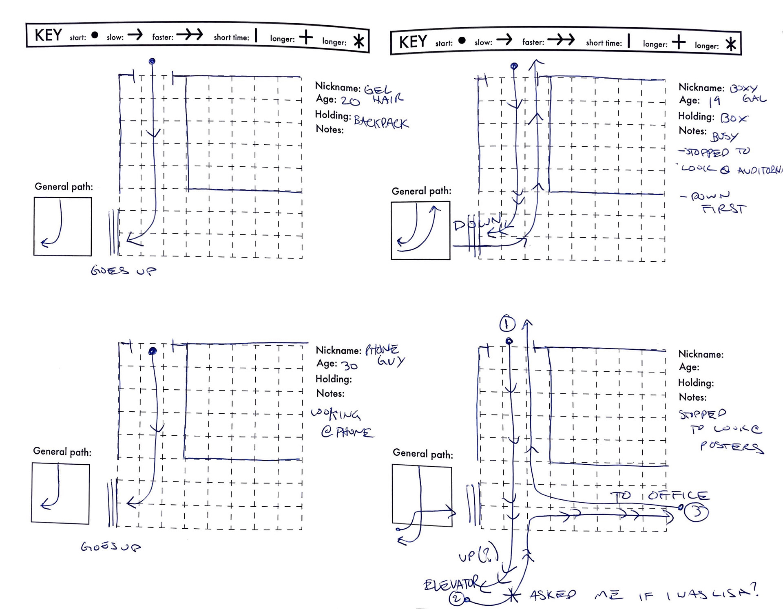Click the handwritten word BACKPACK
click(381, 122)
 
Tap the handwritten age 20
click(350, 101)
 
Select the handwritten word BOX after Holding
click(734, 118)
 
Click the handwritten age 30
click(350, 366)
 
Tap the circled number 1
click(507, 324)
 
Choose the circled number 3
click(697, 512)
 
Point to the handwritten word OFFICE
click(679, 495)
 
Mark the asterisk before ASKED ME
click(511, 596)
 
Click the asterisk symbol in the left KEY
click(358, 42)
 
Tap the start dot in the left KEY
click(95, 35)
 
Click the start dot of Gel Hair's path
click(152, 62)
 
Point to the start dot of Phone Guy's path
click(153, 351)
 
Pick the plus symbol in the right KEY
click(679, 42)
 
